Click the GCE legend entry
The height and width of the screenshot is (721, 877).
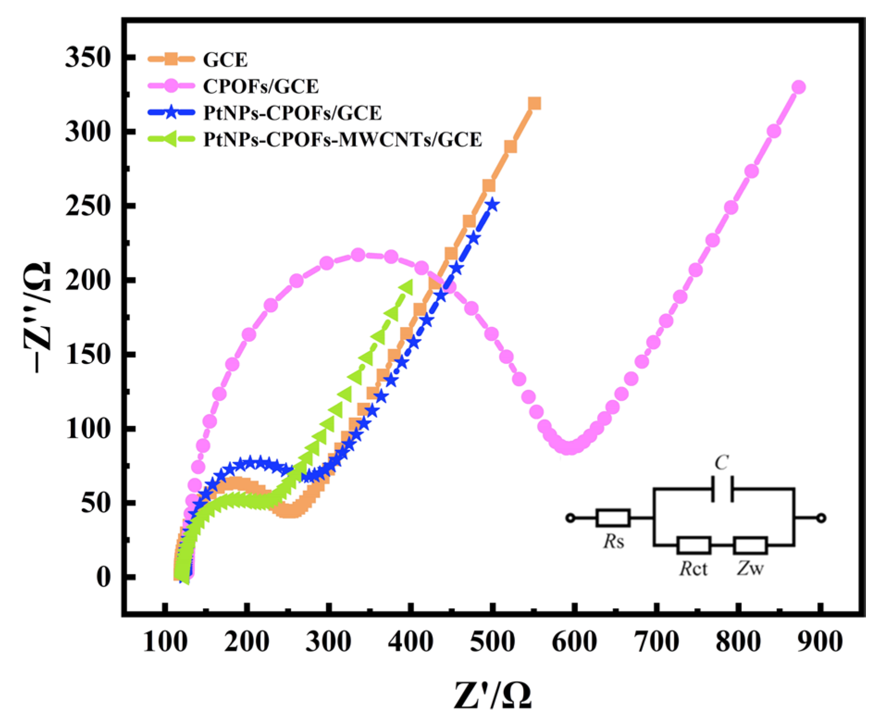tap(225, 59)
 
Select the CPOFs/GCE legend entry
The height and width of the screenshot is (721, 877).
tap(261, 86)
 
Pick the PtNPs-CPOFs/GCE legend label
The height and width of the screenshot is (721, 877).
tap(292, 113)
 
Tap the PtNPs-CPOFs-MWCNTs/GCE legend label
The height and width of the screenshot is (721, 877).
tap(342, 139)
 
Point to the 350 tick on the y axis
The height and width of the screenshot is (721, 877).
tap(88, 58)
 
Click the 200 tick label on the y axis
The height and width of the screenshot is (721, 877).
tap(88, 280)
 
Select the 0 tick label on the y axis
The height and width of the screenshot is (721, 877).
tap(104, 577)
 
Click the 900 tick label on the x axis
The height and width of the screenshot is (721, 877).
tap(820, 642)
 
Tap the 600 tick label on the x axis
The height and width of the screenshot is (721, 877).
tap(574, 642)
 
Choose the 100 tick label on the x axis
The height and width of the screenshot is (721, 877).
tap(165, 642)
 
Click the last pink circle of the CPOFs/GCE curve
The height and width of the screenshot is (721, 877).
tap(799, 87)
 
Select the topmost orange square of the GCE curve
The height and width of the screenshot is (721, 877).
tap(535, 103)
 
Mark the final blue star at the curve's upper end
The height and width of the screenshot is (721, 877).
tap(493, 205)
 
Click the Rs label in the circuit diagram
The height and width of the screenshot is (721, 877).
tap(613, 541)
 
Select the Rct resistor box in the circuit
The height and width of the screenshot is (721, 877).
tap(693, 545)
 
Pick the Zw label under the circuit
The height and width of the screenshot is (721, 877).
tap(750, 568)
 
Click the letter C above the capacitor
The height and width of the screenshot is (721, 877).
tap(722, 462)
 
